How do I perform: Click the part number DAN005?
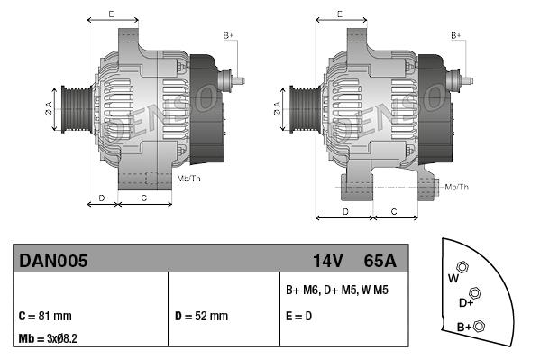[53, 261]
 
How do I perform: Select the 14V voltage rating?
[327, 261]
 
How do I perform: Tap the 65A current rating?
[380, 261]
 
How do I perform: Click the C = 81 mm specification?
[45, 316]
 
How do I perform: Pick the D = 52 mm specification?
[201, 316]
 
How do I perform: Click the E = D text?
[300, 316]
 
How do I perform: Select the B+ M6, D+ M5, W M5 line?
[337, 291]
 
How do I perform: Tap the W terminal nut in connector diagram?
[462, 267]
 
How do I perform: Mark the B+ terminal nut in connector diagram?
[480, 326]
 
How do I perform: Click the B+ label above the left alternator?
[228, 35]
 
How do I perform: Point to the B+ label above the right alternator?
[455, 35]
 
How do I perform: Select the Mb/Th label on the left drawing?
[189, 179]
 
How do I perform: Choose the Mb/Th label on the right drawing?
[457, 187]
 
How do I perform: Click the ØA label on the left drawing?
[49, 106]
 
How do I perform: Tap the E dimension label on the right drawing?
[339, 14]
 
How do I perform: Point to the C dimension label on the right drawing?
[395, 210]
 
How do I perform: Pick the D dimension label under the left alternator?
[101, 197]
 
